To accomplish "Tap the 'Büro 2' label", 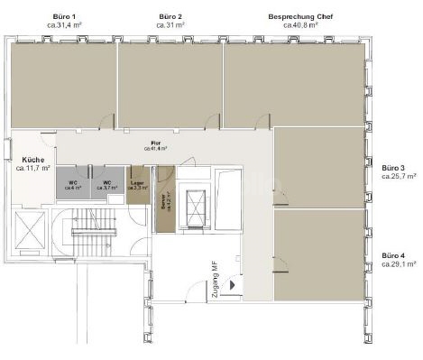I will click(x=170, y=17).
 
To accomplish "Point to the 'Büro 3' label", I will click(x=393, y=168).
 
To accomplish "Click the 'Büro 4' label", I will click(x=393, y=256).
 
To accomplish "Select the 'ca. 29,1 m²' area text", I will click(x=399, y=265).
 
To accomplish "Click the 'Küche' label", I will click(x=32, y=158).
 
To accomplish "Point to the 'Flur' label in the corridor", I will click(x=155, y=143).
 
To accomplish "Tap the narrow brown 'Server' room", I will click(x=164, y=203).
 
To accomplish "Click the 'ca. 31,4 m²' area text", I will click(x=64, y=26).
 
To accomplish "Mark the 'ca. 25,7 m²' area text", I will click(x=399, y=177).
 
